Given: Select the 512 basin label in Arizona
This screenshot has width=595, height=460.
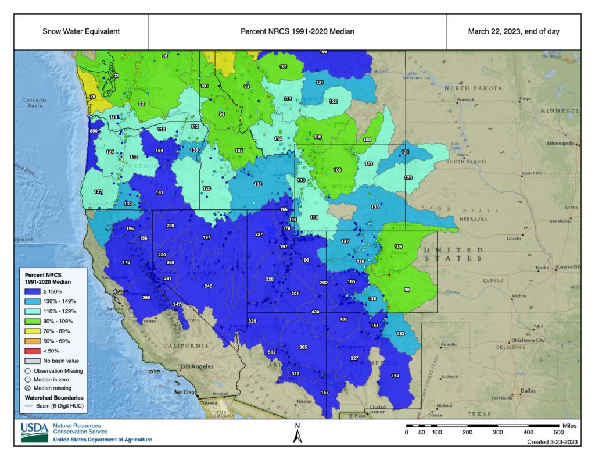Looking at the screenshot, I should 271,352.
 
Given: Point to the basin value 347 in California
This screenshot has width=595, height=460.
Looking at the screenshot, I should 177,305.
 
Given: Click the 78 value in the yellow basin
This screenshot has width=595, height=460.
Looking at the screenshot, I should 92,97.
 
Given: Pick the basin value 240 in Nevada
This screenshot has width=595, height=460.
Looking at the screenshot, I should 209,286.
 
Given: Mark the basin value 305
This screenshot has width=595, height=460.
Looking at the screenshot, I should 303,347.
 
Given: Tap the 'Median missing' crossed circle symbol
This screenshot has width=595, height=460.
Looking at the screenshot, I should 27,388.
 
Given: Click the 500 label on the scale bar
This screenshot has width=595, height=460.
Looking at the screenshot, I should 558,433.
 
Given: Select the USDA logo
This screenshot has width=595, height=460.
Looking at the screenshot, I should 35,432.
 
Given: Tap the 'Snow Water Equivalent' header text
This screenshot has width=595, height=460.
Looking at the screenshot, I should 81,31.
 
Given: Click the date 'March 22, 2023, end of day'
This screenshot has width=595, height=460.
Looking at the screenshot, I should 514,31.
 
